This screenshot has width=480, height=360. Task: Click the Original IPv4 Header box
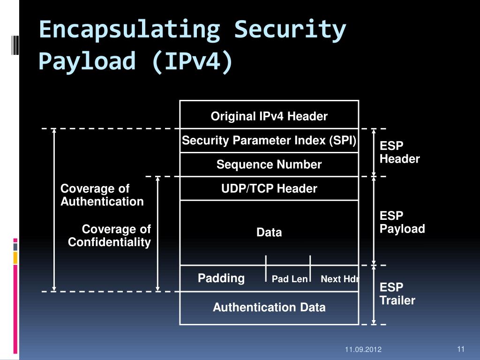coord(269,116)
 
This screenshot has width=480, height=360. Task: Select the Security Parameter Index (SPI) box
coord(269,141)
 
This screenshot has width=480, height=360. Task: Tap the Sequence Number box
coord(269,165)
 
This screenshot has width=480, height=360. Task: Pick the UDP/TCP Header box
coord(269,188)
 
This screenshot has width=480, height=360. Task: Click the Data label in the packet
coord(269,232)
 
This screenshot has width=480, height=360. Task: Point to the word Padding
coord(221,278)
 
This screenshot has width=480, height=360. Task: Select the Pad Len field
coord(290,279)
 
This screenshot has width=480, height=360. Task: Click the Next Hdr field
coord(339,279)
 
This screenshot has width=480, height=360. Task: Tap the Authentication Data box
coord(269,307)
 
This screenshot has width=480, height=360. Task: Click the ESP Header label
coord(399,152)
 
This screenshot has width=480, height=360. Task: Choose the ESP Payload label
coord(402,222)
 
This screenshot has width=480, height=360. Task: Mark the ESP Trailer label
coord(397,294)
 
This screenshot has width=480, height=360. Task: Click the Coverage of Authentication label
coord(102,195)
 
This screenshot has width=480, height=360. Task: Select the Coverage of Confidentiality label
coord(110,236)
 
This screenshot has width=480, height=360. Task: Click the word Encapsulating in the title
coord(129,30)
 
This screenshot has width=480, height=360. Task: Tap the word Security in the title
coord(290,30)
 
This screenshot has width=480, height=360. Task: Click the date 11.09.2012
coord(363,350)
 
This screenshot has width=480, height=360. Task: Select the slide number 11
coord(460,349)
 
